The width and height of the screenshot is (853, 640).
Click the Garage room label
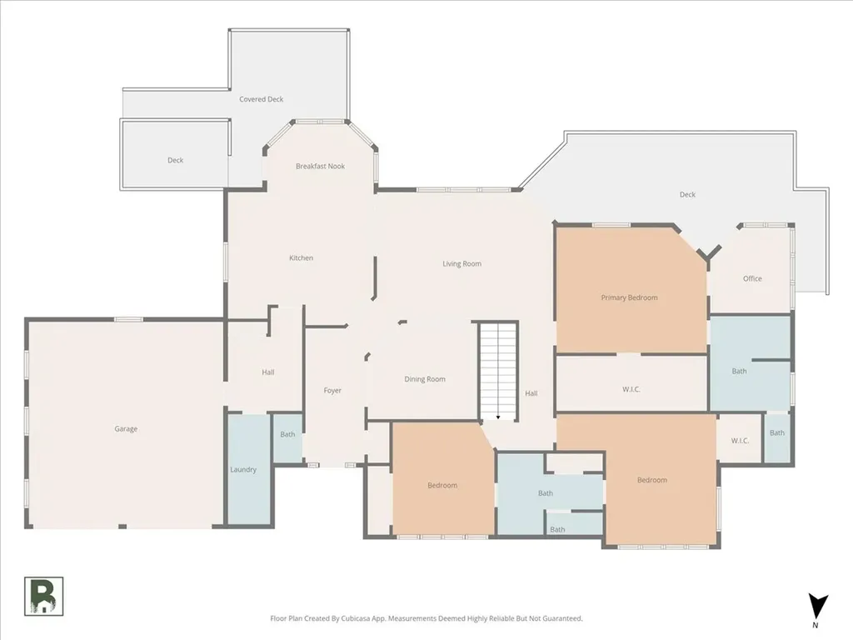[x=126, y=429]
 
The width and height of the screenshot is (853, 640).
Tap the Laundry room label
[x=243, y=470]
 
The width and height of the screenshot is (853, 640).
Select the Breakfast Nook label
[x=321, y=166]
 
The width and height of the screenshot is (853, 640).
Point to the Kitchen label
[x=301, y=258]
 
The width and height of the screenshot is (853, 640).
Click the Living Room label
[x=461, y=264]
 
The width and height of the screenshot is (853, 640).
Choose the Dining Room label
[x=425, y=379]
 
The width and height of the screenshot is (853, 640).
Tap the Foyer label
[x=332, y=391]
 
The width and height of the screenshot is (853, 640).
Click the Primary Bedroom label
[x=630, y=297]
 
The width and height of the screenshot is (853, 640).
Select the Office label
[x=752, y=278]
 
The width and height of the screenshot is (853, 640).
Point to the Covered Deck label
[x=261, y=99]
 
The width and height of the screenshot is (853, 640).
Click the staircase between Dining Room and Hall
[x=498, y=371]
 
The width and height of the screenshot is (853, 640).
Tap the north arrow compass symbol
[x=817, y=607]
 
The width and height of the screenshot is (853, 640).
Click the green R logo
[x=43, y=597]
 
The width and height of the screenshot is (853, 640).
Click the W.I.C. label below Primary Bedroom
[x=631, y=390]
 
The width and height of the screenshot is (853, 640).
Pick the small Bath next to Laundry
[x=287, y=434]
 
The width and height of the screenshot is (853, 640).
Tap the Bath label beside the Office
[x=740, y=371]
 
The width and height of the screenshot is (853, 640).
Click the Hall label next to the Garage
[x=267, y=372]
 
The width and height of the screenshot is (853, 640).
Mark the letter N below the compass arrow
[x=815, y=625]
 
